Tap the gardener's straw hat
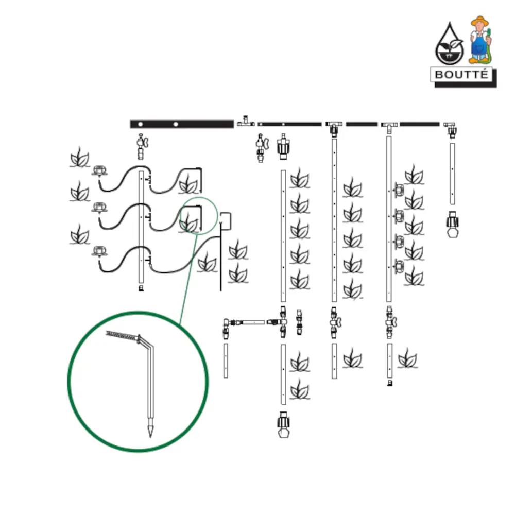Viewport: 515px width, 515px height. click(480, 21)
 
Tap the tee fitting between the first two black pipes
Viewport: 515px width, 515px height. click(246, 123)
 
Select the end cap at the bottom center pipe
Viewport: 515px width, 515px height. click(283, 424)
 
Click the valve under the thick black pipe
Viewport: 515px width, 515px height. click(141, 146)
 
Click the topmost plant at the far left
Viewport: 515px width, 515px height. click(79, 157)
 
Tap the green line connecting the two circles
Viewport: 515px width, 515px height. click(188, 278)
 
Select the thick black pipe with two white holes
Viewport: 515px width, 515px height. click(182, 124)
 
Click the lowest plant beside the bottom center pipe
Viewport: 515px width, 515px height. click(299, 390)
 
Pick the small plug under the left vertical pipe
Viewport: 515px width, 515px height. click(141, 288)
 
